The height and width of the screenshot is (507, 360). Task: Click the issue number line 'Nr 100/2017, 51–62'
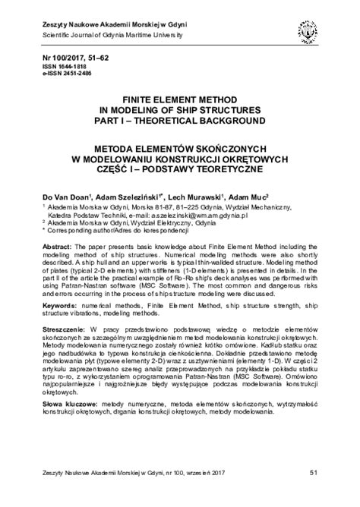pyautogui.click(x=71, y=58)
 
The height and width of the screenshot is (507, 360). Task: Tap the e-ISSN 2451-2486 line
pyautogui.click(x=62, y=75)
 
